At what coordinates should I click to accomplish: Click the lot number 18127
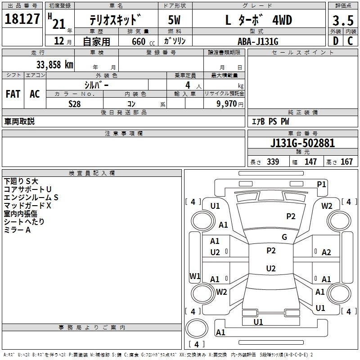(x=22, y=19)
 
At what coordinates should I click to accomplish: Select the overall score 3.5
(x=343, y=20)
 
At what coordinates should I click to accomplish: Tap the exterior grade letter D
(x=336, y=41)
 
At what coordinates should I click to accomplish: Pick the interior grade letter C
(x=350, y=41)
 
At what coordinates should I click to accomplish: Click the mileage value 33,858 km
(x=55, y=65)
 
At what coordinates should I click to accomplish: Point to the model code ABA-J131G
(x=258, y=41)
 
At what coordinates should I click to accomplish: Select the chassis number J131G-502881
(x=302, y=143)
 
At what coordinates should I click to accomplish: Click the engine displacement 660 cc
(x=143, y=41)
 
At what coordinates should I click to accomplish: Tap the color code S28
(x=75, y=104)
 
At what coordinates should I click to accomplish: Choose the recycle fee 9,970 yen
(x=230, y=104)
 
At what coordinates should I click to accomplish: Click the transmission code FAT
(x=13, y=94)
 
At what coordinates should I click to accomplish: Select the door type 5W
(x=174, y=20)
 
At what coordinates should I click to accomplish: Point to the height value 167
(x=346, y=162)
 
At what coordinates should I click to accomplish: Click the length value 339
(x=273, y=162)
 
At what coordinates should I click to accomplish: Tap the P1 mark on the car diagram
(x=321, y=184)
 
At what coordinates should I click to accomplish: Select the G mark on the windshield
(x=284, y=237)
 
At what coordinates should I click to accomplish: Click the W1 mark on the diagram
(x=195, y=276)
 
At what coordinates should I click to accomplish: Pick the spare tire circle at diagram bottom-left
(x=197, y=328)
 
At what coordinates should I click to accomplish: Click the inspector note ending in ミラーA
(x=17, y=229)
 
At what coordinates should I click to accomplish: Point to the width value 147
(x=310, y=162)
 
